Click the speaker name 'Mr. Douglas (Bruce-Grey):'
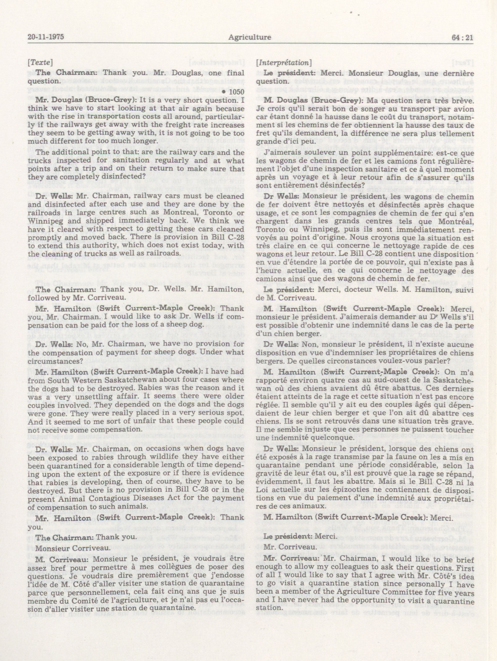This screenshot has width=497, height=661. pos(77,100)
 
